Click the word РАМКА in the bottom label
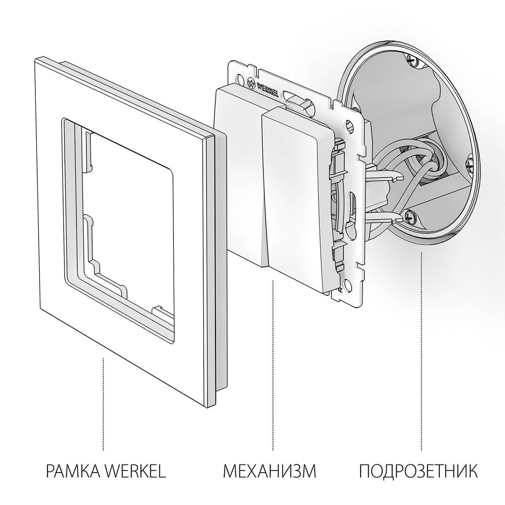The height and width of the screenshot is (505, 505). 72,471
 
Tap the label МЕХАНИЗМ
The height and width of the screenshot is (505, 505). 269,471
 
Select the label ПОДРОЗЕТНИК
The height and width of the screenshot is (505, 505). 418,471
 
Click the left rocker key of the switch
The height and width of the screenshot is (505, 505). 238,168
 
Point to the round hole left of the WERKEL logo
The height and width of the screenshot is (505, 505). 240,78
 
